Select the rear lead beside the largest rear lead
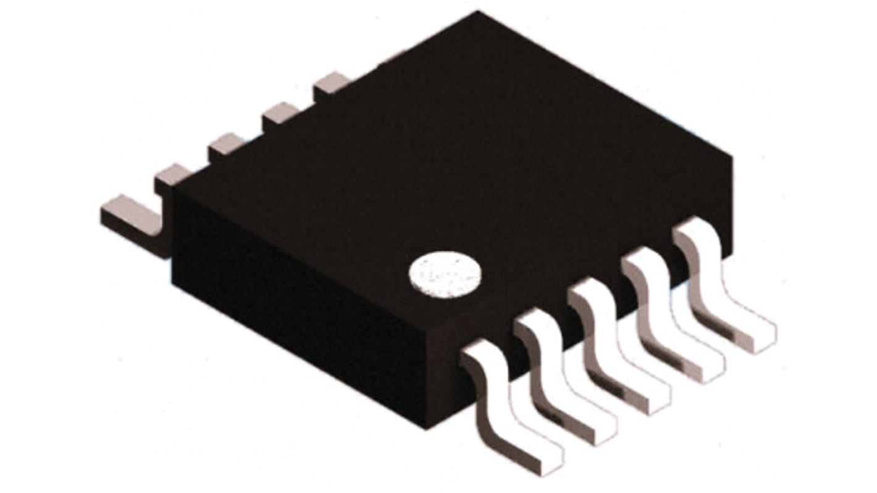coord(173,176)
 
